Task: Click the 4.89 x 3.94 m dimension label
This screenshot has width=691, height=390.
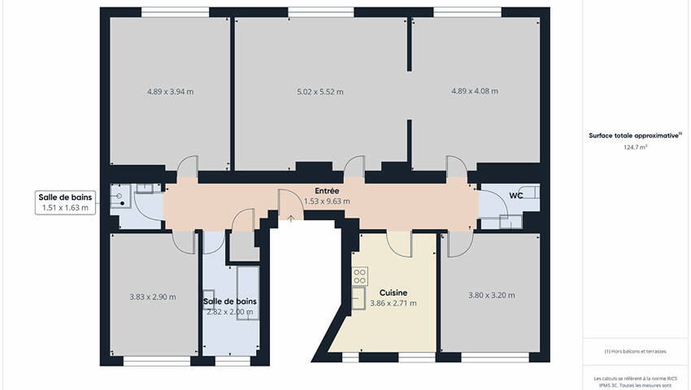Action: (x=170, y=92)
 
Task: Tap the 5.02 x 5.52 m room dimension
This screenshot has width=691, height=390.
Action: (x=320, y=92)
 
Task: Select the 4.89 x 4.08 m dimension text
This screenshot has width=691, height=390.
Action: (x=475, y=91)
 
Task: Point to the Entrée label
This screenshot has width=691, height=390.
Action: (x=327, y=191)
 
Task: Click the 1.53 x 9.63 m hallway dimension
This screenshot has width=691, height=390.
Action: (x=327, y=201)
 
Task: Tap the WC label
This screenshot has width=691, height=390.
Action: (x=516, y=195)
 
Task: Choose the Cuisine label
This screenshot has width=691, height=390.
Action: (x=393, y=292)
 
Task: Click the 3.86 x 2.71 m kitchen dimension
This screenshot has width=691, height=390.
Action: (x=393, y=303)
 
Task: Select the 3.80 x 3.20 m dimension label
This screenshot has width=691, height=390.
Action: (x=491, y=295)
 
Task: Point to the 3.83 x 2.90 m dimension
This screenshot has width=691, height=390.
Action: (x=153, y=297)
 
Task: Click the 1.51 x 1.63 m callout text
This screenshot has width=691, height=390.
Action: (x=65, y=207)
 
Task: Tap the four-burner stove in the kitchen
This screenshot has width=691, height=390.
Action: (x=359, y=276)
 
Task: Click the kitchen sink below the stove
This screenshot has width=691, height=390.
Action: (x=359, y=298)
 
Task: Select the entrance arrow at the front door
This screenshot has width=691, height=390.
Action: (x=291, y=218)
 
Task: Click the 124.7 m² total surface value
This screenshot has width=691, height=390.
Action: (x=635, y=147)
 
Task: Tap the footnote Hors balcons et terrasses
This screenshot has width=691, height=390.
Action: (x=635, y=351)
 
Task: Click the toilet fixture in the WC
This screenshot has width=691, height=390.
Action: (x=530, y=193)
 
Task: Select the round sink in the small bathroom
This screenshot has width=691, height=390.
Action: (x=120, y=196)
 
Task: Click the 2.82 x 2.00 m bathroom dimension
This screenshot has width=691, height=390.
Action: (x=230, y=312)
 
